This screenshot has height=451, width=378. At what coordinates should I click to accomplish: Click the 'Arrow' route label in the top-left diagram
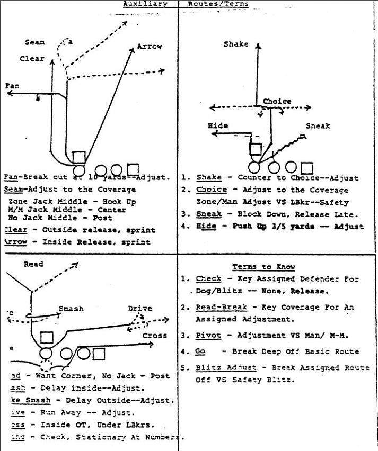tap(150, 47)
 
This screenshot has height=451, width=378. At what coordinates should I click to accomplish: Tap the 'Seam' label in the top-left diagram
tap(34, 42)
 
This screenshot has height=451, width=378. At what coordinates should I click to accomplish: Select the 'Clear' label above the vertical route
tap(32, 59)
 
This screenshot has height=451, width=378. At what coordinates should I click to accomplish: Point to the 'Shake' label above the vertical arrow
tap(236, 44)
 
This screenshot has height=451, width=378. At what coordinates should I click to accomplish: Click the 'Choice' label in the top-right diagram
tap(277, 101)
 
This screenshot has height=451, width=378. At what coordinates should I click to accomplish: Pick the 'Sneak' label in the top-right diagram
tap(318, 126)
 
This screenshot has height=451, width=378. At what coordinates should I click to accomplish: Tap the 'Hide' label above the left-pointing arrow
tap(217, 125)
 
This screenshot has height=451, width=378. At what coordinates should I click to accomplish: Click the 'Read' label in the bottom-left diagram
tap(33, 264)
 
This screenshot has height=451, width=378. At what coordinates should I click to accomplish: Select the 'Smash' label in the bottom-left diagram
tap(71, 309)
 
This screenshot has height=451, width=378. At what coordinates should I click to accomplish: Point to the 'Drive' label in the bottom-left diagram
tap(139, 309)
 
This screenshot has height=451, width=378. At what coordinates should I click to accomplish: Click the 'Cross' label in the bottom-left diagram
tap(154, 335)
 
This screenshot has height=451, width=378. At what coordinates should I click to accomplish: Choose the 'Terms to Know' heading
tap(263, 267)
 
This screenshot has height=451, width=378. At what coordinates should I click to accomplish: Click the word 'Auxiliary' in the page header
tap(145, 4)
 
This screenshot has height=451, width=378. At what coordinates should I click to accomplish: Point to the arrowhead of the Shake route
tap(258, 47)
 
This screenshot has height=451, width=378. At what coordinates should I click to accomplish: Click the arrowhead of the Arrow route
tap(132, 49)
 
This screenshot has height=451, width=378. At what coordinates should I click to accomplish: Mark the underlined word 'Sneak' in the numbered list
tap(208, 214)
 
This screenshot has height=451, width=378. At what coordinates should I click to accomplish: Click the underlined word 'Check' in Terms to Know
tap(208, 279)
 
